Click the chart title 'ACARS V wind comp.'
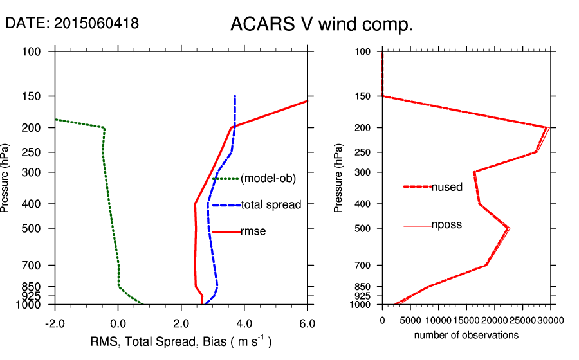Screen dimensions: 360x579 [x=321, y=25]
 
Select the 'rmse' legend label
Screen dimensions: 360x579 [x=253, y=231]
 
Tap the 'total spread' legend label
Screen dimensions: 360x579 [x=271, y=205]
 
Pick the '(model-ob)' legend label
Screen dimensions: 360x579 [x=268, y=179]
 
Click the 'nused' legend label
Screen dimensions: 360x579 [x=446, y=187]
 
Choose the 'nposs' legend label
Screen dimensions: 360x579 [x=446, y=225]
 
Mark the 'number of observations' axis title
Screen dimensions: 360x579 [x=466, y=335]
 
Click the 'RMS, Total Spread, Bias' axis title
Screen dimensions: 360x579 [x=180, y=341]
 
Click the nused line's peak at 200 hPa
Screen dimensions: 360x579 [x=547, y=127]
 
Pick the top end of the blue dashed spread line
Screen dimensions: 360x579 [x=235, y=96]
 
